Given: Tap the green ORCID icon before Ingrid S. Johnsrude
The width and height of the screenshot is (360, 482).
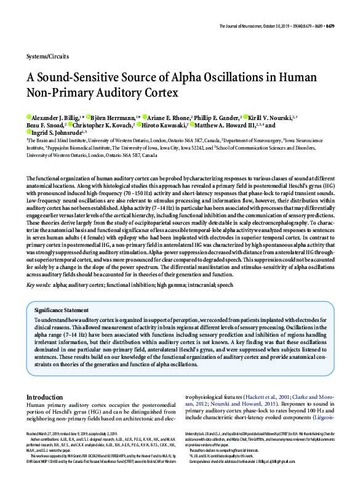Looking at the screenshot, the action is (28, 133).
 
